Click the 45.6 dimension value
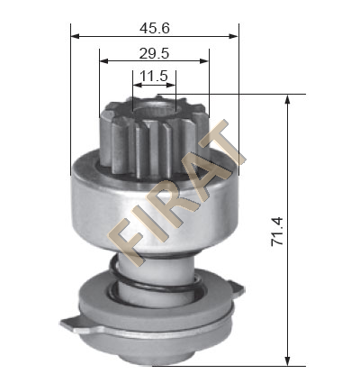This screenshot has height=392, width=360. coord(155,28)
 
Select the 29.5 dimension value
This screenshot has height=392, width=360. coord(155,54)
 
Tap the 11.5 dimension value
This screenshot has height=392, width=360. coord(154,76)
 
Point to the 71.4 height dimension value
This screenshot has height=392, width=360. coord(277,232)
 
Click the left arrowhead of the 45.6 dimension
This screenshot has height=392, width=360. coord(75,36)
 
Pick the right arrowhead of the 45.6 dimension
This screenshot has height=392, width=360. coord(234,36)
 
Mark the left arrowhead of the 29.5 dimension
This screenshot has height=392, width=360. coord(103,61)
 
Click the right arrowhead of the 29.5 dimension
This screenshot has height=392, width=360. coord(204,61)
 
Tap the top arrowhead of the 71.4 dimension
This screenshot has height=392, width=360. coord(287,99)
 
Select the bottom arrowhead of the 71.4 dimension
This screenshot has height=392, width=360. coord(287,361)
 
